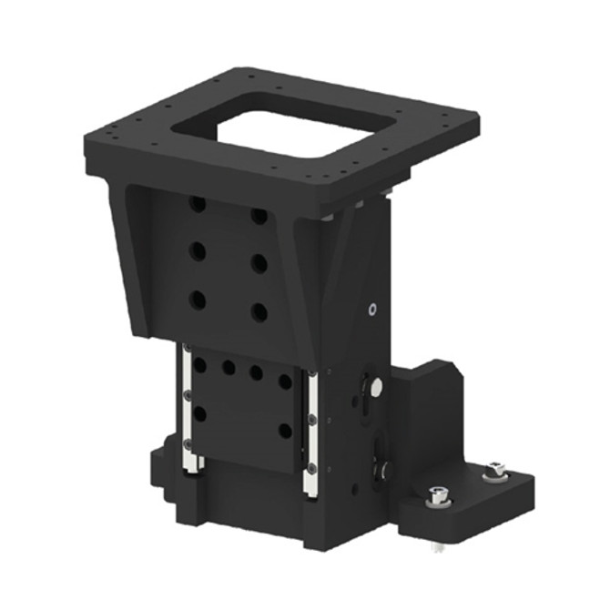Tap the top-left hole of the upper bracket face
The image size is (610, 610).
pos(198,205)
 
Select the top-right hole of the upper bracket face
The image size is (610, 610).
pos(259,217)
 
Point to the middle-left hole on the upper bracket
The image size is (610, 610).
pos(198,251)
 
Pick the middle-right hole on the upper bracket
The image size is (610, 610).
pos(259,264)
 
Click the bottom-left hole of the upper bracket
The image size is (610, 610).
pos(198,298)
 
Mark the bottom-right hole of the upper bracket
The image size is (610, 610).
pos(259,311)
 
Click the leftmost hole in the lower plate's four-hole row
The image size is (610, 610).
pos(200,365)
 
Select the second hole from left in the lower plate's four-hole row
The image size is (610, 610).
pos(229,370)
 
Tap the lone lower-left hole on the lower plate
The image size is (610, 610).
pos(199,414)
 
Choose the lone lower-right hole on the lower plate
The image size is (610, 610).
pos(285,431)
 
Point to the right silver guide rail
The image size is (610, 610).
pos(311,432)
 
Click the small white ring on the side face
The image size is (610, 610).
pos(372,310)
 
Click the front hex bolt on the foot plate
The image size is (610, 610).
pos(438,497)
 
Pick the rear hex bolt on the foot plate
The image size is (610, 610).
pos(494,471)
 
